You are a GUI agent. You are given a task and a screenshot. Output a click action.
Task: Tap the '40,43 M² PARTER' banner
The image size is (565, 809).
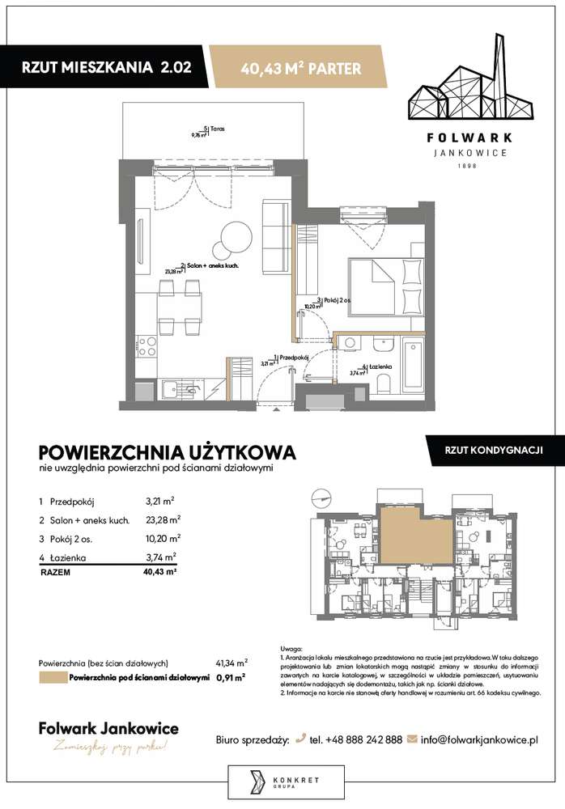click(x=300, y=69)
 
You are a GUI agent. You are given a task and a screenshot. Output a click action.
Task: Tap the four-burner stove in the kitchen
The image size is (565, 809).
click(x=147, y=346)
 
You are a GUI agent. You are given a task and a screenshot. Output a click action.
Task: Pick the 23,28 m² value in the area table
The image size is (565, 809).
click(x=163, y=519)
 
